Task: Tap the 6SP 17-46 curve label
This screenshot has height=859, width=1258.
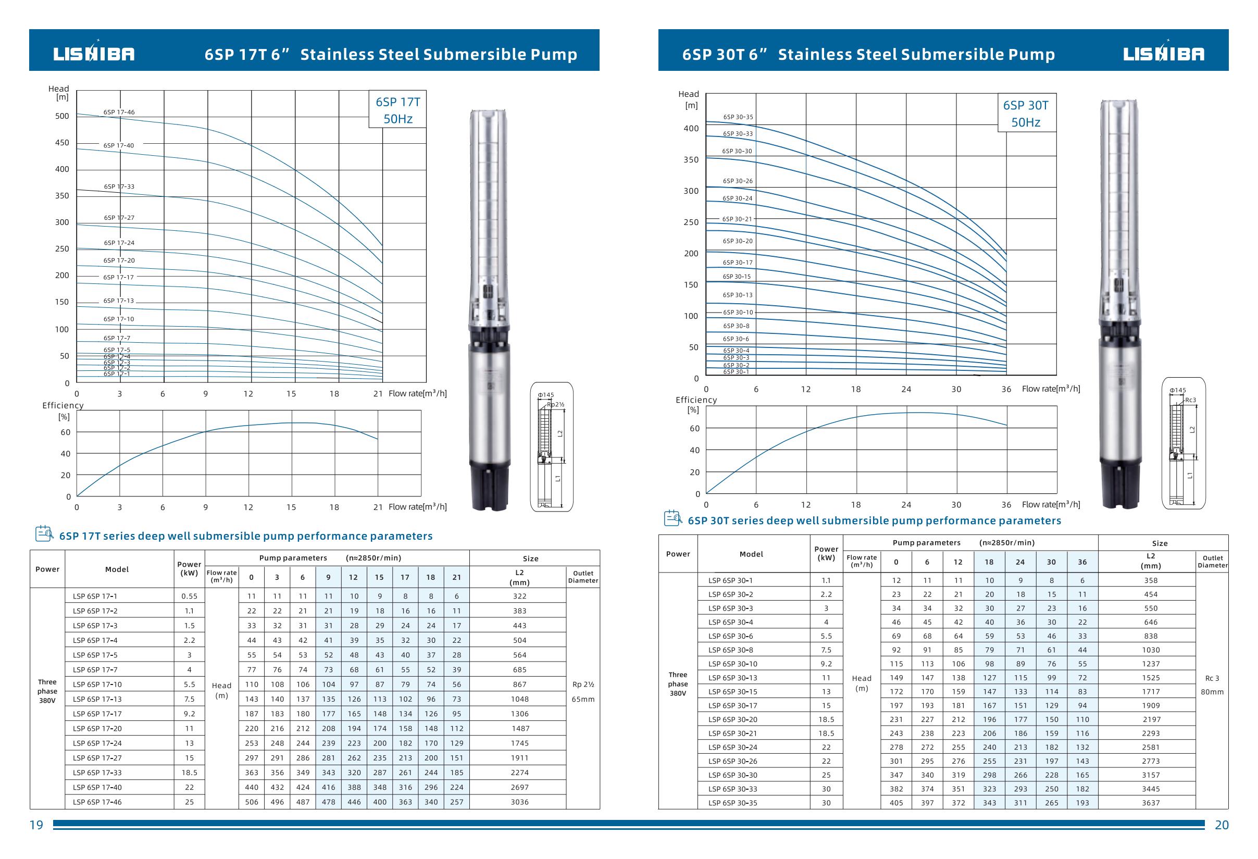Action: (x=119, y=112)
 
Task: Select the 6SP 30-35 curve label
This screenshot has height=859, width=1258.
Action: (x=738, y=117)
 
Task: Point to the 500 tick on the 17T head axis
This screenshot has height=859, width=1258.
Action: (x=63, y=116)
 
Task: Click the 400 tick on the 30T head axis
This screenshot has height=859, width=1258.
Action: (x=691, y=128)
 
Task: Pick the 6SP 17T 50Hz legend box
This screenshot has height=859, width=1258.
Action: (x=398, y=110)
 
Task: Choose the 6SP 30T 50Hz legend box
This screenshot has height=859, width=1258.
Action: (x=1026, y=113)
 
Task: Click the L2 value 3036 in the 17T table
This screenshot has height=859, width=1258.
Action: (x=520, y=802)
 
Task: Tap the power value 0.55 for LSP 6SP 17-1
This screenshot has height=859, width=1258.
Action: (x=190, y=596)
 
